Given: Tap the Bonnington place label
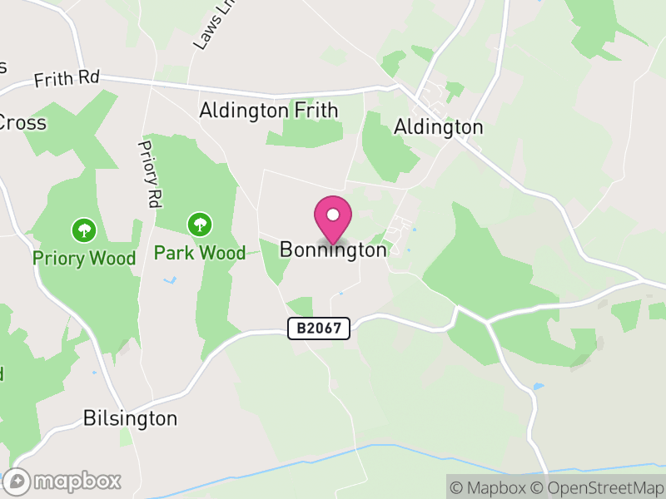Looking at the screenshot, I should click(x=333, y=249).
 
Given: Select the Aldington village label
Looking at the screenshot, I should click(x=438, y=127).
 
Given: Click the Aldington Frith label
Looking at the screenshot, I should click(x=269, y=111).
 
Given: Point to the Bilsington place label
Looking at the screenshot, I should click(x=131, y=418).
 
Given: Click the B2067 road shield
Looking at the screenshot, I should click(x=319, y=329).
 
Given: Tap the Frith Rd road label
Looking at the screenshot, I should click(x=67, y=80).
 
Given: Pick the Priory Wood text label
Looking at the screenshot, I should click(x=84, y=259).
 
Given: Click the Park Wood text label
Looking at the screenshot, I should click(x=200, y=253).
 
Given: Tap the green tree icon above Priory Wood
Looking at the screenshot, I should click(x=83, y=230).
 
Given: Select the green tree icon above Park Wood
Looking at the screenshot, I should click(x=199, y=224).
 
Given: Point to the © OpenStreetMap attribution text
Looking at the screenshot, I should click(x=599, y=487).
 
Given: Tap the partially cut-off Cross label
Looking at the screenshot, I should click(x=22, y=123).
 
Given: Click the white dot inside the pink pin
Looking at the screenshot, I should click(x=333, y=215).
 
